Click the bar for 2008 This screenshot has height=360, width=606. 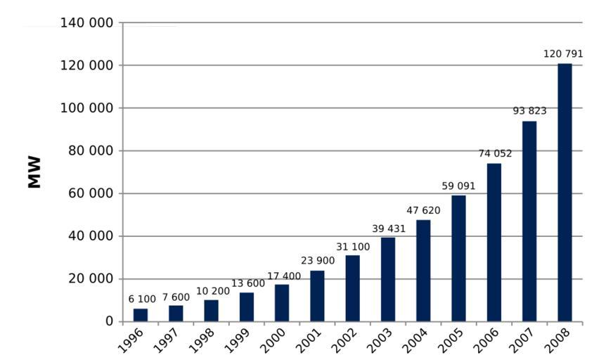565,193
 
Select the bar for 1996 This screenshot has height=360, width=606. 141,315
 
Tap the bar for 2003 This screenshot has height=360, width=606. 388,279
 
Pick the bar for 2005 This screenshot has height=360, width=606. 458,258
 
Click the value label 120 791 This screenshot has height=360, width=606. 564,53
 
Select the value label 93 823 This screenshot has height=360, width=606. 528,110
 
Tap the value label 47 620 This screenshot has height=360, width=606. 423,210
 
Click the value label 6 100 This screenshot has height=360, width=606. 142,299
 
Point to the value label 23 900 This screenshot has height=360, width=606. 317,260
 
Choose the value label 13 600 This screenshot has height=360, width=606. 247,283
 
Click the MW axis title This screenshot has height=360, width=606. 34,172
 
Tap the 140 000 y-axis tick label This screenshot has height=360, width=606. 86,23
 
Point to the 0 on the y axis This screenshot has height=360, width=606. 109,321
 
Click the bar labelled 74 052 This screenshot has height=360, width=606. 494,243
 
